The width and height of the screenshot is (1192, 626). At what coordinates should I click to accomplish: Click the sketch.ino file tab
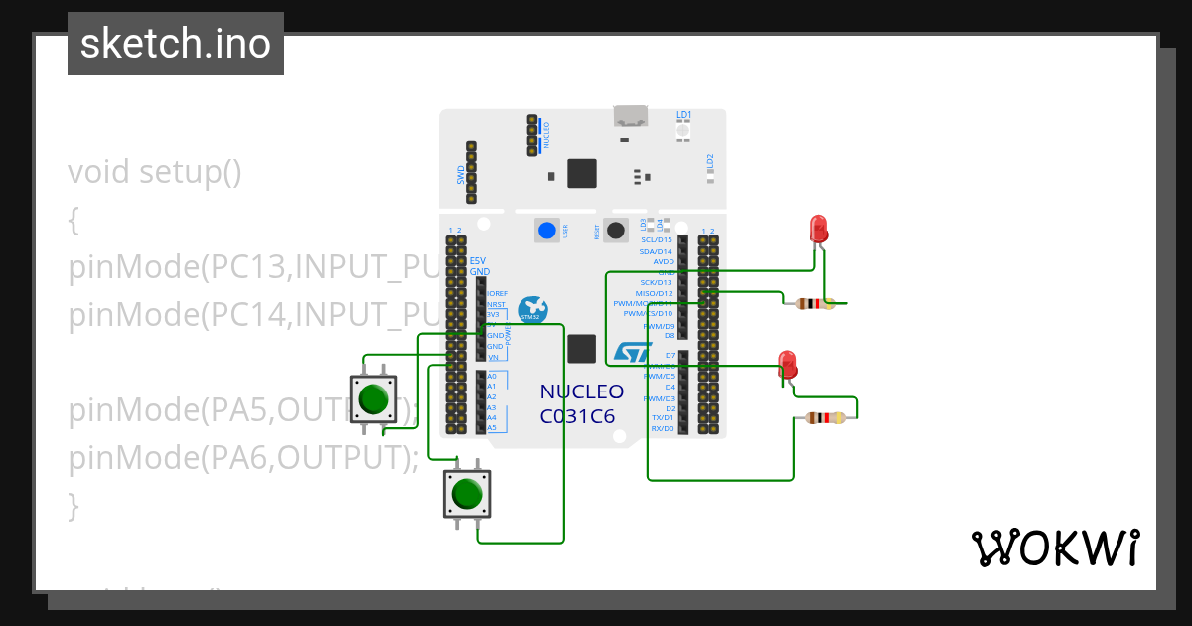(x=176, y=44)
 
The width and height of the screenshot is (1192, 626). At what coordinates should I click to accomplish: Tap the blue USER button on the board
(x=546, y=231)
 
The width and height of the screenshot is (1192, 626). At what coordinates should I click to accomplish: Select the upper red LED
(x=819, y=229)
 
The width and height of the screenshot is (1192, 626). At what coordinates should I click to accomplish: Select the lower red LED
(x=788, y=363)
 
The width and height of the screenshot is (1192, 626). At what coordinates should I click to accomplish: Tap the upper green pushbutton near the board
(x=373, y=397)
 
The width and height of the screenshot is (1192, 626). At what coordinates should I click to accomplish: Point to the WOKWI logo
(x=1055, y=548)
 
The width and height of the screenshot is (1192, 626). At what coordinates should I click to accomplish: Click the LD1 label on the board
(x=683, y=115)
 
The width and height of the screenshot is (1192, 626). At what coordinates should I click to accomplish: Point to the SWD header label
(x=461, y=175)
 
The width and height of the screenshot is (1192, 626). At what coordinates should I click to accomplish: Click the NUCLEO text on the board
(x=582, y=391)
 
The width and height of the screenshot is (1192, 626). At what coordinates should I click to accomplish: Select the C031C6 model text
(x=578, y=416)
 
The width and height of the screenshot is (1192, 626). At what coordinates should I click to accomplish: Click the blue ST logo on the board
(x=631, y=352)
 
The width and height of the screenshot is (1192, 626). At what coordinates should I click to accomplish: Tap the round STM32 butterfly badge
(x=531, y=309)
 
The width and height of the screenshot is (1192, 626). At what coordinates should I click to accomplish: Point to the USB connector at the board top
(x=629, y=116)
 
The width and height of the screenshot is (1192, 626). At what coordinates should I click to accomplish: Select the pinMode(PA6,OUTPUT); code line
(x=244, y=458)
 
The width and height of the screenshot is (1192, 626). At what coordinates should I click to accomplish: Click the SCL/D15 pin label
(x=657, y=239)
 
